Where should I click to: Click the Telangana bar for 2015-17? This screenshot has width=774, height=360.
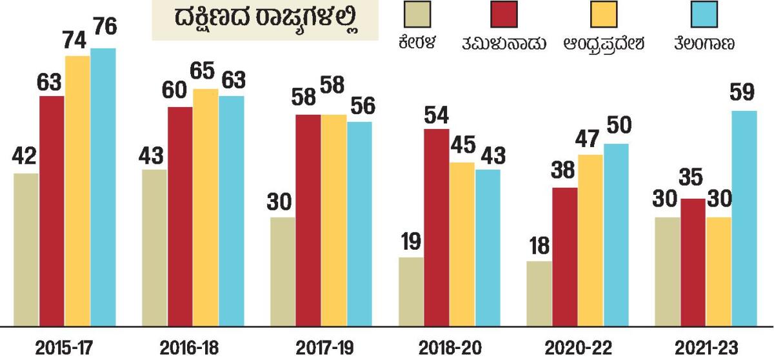tap(103, 187)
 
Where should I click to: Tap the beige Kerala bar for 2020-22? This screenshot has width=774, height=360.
tap(539, 294)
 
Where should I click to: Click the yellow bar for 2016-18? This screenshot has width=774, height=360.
tap(206, 207)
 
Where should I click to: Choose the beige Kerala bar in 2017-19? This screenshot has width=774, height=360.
tap(283, 272)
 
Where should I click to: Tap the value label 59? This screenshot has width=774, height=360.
tap(744, 93)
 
